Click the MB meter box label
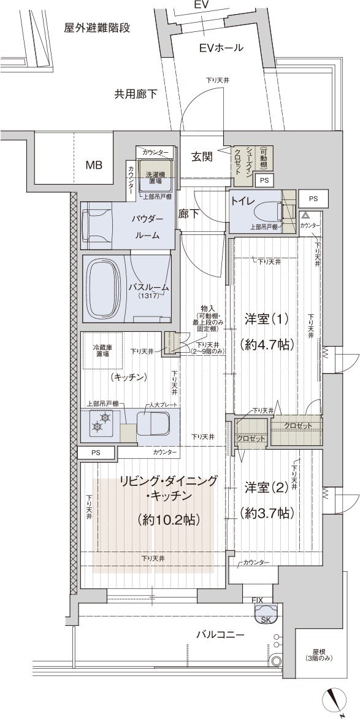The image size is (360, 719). click(94, 165)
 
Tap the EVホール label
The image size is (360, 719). click(221, 48)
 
